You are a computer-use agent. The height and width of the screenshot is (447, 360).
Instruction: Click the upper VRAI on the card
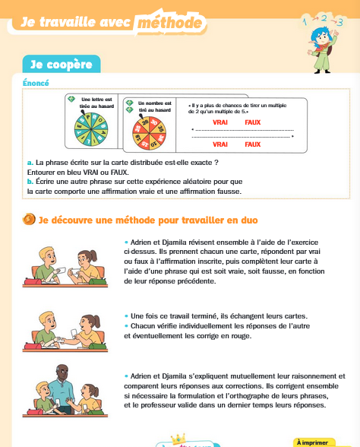[x=220, y=122]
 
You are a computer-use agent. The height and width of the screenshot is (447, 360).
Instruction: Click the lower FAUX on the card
[x=253, y=144]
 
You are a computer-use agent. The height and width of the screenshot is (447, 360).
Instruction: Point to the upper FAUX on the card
[x=253, y=122]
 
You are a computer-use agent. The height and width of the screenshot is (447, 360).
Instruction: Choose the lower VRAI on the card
[x=220, y=144]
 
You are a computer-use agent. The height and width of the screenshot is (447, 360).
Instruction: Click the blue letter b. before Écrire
[x=30, y=182]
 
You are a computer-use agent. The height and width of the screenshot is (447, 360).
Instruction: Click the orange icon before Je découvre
[x=29, y=220]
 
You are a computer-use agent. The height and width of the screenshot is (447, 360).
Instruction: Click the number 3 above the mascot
[x=339, y=21]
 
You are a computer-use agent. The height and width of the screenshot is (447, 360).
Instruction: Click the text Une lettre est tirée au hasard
[x=96, y=103]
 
